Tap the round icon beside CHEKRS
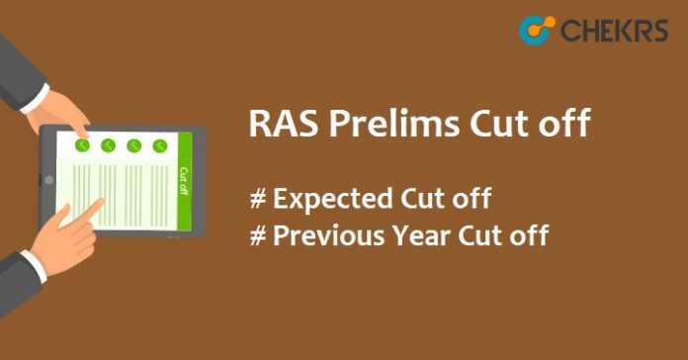[537, 30]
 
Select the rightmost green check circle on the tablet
[159, 146]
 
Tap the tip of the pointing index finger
[102, 203]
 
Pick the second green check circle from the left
[109, 145]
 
